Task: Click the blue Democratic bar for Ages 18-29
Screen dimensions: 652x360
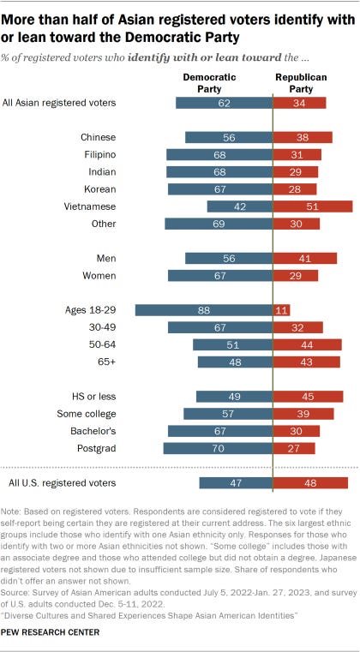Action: point(203,309)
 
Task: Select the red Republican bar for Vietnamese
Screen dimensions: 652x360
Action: point(312,206)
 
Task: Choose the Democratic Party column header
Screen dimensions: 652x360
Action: point(211,81)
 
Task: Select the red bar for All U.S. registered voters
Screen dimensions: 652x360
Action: point(310,483)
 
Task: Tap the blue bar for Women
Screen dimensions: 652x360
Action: point(219,275)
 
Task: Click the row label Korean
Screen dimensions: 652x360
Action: point(98,188)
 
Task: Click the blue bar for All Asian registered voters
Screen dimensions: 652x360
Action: point(223,103)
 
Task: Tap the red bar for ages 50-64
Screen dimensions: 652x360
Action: point(307,344)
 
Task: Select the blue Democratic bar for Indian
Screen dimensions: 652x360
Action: point(219,171)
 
